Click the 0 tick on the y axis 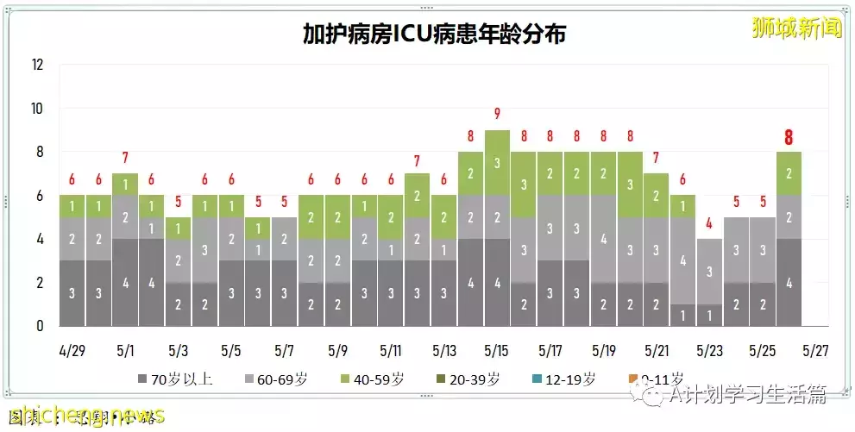coord(40,327)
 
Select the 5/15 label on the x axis coord(497,352)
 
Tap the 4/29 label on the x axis coord(72,352)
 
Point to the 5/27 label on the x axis coord(816,352)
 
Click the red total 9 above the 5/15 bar coord(497,114)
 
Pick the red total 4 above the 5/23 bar coord(709,223)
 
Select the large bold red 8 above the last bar coord(789,137)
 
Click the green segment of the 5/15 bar coord(497,162)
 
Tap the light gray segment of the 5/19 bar coord(603,239)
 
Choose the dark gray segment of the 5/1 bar coord(125,283)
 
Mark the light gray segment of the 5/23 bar coord(709,272)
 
